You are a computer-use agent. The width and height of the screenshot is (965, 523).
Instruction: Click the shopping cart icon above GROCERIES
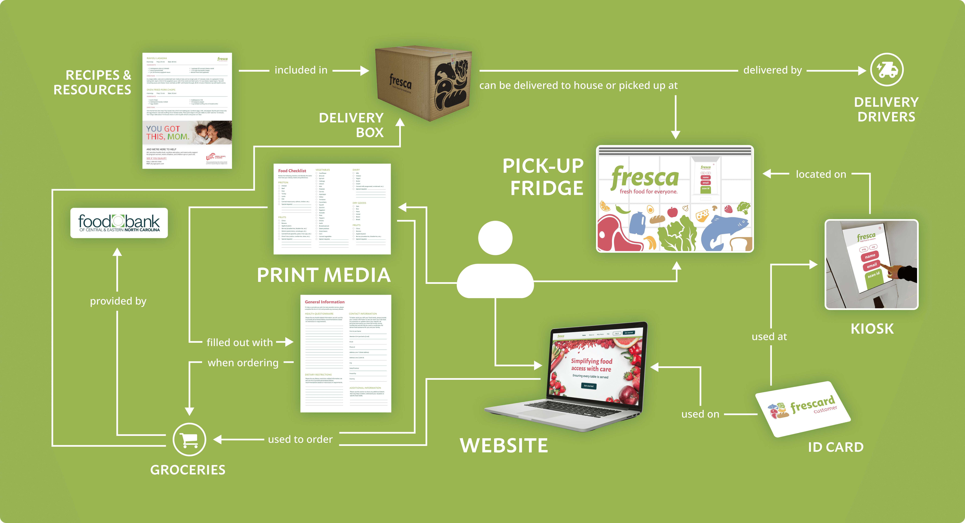[189, 439]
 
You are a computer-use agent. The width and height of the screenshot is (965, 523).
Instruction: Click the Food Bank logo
[119, 223]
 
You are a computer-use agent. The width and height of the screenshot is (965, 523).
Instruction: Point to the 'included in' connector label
[301, 70]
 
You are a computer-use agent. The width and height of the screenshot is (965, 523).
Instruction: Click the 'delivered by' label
[772, 70]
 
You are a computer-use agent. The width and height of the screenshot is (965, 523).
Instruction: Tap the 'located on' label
[821, 174]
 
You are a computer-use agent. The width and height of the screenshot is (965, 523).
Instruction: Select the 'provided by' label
[118, 301]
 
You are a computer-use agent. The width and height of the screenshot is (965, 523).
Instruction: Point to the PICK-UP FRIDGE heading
[543, 177]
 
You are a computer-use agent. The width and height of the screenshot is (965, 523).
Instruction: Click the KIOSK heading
[872, 329]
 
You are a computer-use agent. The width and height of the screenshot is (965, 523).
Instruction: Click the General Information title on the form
[324, 302]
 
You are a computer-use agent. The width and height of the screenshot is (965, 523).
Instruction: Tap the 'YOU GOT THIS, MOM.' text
[167, 133]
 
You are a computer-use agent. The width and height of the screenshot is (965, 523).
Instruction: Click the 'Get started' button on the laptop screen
[589, 386]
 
